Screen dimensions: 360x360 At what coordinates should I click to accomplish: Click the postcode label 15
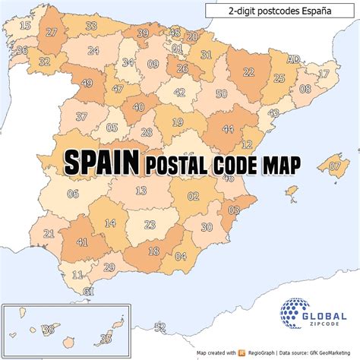click(26, 26)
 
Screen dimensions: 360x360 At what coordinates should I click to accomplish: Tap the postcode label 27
click(52, 32)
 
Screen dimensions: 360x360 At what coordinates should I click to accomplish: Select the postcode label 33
click(91, 27)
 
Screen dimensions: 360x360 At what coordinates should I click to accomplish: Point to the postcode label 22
click(248, 72)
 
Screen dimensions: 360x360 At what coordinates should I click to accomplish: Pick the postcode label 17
click(324, 74)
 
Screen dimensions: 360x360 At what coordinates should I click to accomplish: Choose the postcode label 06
click(73, 194)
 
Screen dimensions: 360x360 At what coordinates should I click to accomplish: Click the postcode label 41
click(81, 242)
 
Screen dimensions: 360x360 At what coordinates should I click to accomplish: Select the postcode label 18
click(153, 251)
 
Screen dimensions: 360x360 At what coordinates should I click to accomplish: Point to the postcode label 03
click(234, 210)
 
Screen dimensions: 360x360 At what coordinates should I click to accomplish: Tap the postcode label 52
click(159, 327)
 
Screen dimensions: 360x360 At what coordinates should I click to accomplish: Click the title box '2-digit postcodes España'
click(279, 11)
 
